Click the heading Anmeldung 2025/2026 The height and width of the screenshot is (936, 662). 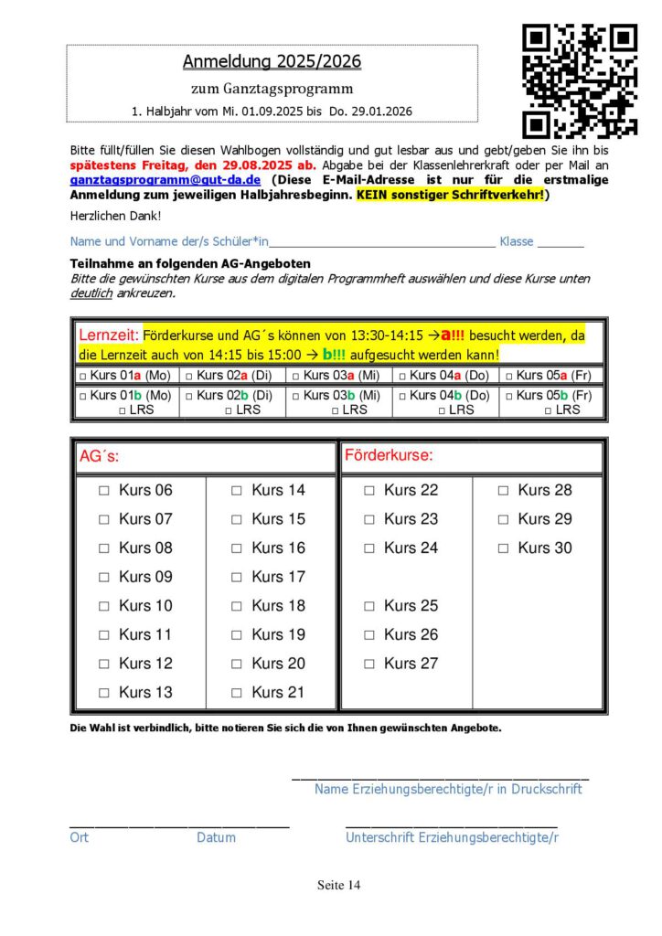272,62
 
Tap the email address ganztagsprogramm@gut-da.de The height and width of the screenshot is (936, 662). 165,181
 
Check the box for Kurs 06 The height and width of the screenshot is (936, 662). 104,491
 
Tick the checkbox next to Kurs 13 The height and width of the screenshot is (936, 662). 104,693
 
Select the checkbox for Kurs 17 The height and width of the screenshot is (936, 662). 237,578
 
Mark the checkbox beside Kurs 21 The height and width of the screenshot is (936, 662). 237,693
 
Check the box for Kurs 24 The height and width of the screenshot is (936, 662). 369,548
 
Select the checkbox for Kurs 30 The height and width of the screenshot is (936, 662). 503,548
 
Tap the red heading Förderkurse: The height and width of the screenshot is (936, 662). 389,455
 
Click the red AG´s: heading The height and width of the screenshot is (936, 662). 99,455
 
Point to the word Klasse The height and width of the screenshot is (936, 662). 516,242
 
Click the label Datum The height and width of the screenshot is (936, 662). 216,836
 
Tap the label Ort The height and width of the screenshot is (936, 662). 79,836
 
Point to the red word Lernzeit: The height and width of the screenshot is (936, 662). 109,335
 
